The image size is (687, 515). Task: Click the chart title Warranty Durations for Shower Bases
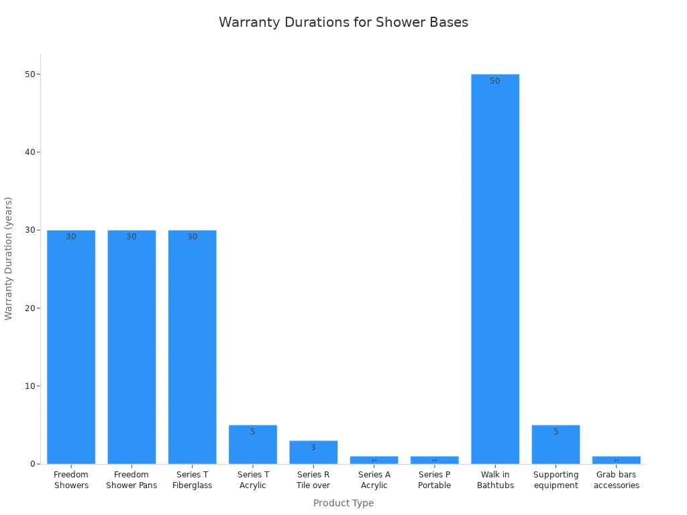(343, 22)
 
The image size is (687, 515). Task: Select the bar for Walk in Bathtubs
(495, 268)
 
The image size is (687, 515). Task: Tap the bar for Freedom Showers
(71, 347)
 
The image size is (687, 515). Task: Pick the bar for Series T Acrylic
(253, 445)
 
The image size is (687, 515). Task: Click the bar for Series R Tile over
(313, 453)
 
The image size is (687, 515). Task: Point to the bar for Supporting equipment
(556, 445)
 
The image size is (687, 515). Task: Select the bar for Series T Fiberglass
(193, 347)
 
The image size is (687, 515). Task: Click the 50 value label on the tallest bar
(495, 81)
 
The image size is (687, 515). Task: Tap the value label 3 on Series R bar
(313, 447)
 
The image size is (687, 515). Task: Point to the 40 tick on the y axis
(30, 152)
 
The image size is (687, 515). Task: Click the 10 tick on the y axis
(30, 386)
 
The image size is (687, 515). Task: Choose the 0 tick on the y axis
(32, 464)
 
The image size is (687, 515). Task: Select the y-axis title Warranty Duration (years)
(9, 258)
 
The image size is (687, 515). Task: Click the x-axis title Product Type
(343, 503)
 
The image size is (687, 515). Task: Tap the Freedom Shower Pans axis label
(131, 480)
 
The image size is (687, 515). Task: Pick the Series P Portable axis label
(435, 480)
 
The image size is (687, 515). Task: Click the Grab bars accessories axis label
(617, 480)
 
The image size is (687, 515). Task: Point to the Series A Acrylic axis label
(374, 480)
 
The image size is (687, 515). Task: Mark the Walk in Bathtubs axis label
(495, 480)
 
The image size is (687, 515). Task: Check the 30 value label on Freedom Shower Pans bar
(131, 237)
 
